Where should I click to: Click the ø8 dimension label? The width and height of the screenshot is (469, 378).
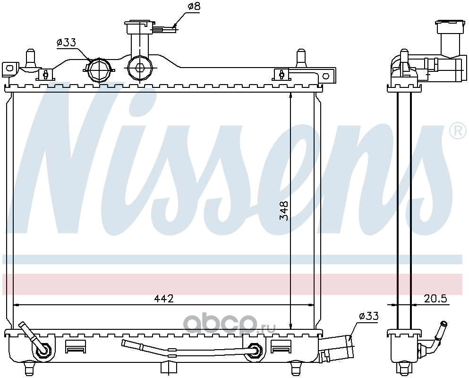(x=194, y=6)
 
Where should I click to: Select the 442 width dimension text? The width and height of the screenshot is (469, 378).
(x=163, y=299)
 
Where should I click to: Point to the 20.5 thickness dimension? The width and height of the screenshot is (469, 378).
(x=435, y=299)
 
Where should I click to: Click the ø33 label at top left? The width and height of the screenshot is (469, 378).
(x=66, y=43)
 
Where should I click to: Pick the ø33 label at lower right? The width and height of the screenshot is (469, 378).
(x=369, y=316)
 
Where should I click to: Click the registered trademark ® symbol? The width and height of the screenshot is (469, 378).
(x=460, y=130)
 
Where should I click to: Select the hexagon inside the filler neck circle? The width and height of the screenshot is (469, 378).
(x=140, y=68)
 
